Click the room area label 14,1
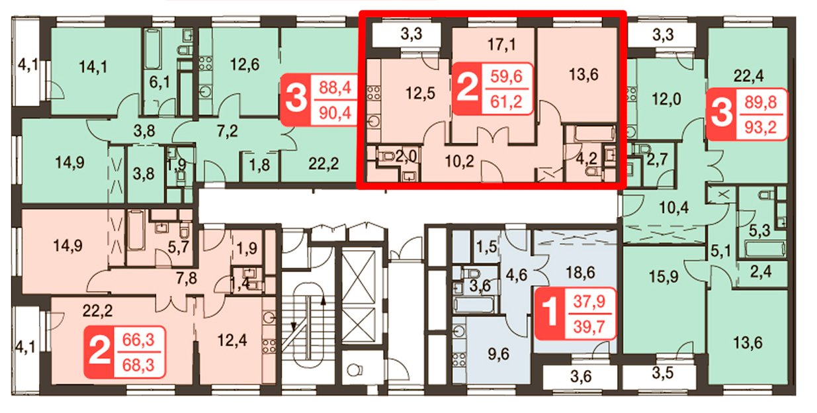click(x=93, y=67)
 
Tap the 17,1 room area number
click(x=501, y=44)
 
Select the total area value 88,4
click(x=335, y=87)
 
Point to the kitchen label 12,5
click(x=420, y=93)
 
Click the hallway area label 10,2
click(x=459, y=161)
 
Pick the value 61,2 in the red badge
click(x=506, y=101)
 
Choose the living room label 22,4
click(x=748, y=76)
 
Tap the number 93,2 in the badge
click(x=761, y=127)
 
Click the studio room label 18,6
click(x=580, y=273)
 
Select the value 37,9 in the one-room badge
click(x=589, y=301)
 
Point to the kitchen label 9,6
click(x=498, y=354)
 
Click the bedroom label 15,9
click(x=663, y=277)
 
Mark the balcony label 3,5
click(x=662, y=373)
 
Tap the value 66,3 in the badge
click(x=138, y=340)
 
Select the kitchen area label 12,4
click(x=232, y=340)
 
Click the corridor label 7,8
click(x=187, y=279)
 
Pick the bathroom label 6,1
click(x=159, y=83)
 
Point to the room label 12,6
click(x=244, y=65)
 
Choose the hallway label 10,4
click(x=673, y=208)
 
